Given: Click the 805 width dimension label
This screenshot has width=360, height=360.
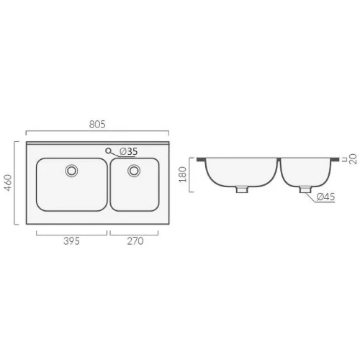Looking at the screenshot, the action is coord(97,125).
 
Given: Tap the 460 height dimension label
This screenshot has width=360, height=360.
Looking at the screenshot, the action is coord(9,183).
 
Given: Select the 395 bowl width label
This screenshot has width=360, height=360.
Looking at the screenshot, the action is coord(71,241).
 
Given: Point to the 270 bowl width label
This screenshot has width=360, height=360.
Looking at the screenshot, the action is coord(135,241).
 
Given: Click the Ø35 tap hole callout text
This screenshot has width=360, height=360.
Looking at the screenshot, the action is coord(129,151).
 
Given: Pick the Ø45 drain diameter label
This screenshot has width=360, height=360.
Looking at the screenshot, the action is coord(325,197).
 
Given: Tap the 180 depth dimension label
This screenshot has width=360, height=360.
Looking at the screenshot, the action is coord(183,174).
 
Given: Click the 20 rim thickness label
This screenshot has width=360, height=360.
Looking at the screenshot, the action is coord(353,159).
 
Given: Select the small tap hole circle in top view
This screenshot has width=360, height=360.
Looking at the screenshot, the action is coord(108,150).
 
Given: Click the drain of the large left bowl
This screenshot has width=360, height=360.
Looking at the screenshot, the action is coord(71,171).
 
